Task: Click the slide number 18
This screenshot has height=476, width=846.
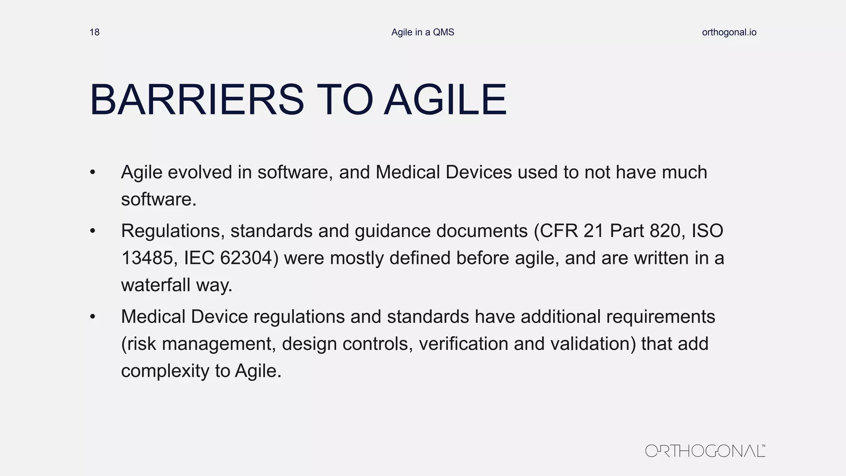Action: [94, 32]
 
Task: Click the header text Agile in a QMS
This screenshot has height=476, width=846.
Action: [423, 32]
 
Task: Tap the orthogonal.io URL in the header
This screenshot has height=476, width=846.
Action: [729, 32]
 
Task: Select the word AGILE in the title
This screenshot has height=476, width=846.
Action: [445, 100]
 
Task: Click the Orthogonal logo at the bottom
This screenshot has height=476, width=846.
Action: [705, 450]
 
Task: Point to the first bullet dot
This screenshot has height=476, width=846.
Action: [93, 173]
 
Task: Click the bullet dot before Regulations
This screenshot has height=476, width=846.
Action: [93, 231]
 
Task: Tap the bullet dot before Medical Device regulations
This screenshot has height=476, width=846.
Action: [93, 317]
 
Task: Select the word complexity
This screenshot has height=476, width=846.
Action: [165, 371]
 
